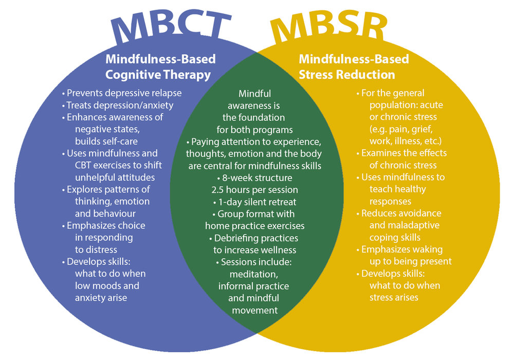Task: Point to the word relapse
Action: coord(165,94)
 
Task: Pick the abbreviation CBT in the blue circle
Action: coord(83,165)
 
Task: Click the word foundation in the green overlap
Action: coord(264,117)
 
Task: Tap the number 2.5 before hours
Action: coord(217,190)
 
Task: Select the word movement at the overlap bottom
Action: coord(255,310)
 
